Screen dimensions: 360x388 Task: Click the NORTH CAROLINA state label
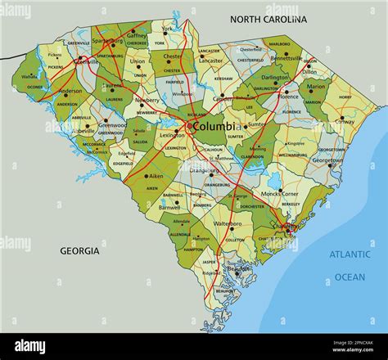tap(268, 18)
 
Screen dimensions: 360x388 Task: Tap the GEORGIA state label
tap(79, 250)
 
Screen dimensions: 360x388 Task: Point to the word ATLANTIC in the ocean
tap(350, 254)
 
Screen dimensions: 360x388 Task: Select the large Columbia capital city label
tap(214, 127)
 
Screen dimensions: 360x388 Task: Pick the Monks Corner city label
tap(279, 193)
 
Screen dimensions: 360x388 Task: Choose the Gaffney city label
tap(137, 36)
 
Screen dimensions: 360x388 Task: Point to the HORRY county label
tap(345, 97)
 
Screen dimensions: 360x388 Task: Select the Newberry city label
tap(147, 100)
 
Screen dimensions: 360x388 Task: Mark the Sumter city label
tap(257, 124)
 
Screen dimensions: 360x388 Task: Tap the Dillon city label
tap(310, 72)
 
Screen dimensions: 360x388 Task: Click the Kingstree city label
tap(296, 143)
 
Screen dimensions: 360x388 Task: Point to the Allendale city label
tap(181, 221)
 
